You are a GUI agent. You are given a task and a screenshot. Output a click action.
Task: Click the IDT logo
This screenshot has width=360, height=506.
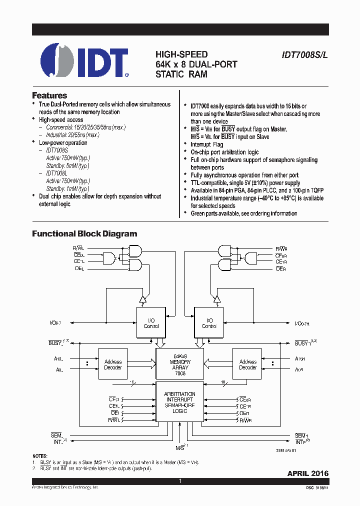tap(84, 61)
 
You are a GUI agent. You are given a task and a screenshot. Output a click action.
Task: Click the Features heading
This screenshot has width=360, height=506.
tap(49, 95)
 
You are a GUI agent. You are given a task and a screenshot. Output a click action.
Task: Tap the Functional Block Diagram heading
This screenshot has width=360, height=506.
tap(84, 233)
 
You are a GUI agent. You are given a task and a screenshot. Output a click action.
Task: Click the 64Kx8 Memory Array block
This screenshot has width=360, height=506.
tap(180, 365)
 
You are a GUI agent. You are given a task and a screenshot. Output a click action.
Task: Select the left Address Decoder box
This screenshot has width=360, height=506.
tap(113, 364)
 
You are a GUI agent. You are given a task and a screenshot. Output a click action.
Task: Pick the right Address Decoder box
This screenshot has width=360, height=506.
tap(247, 364)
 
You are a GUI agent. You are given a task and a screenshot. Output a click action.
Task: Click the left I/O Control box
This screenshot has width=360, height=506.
tap(151, 323)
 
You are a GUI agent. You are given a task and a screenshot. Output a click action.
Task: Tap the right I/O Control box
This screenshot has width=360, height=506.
tap(209, 323)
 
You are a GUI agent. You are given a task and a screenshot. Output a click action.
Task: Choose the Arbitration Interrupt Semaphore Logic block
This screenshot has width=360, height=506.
tap(180, 402)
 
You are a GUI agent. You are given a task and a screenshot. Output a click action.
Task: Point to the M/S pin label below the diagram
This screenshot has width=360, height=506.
tap(180, 446)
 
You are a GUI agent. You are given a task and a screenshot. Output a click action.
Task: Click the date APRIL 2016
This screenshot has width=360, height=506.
tap(308, 473)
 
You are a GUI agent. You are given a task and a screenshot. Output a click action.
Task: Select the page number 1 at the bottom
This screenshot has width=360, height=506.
tap(180, 481)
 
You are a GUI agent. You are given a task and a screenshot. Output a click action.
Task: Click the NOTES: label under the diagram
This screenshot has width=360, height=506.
tap(40, 456)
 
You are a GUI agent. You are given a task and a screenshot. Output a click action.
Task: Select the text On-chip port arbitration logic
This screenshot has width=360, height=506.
tap(224, 152)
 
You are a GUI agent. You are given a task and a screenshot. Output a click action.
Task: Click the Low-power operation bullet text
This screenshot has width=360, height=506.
tap(63, 142)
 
